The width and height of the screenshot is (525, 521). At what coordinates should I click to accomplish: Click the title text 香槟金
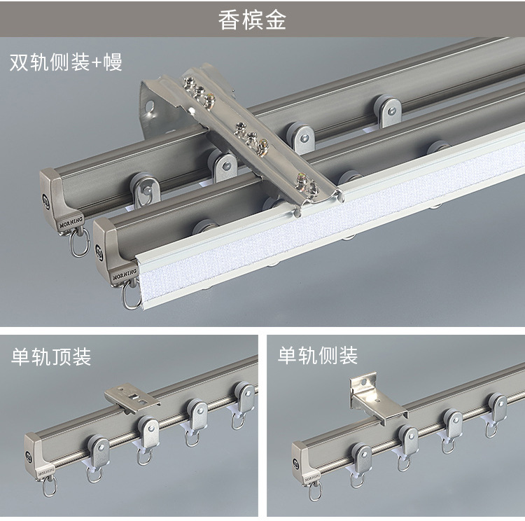[x=252, y=20]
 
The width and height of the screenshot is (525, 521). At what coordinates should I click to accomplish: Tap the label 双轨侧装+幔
[x=66, y=62]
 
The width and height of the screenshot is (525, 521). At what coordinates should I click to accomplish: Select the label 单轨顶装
[x=51, y=356]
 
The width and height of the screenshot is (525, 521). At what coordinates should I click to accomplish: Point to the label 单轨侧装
[x=317, y=356]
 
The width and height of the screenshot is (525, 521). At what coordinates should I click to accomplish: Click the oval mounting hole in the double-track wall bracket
[x=149, y=106]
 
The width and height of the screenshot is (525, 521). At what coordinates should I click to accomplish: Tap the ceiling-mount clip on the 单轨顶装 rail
[x=132, y=398]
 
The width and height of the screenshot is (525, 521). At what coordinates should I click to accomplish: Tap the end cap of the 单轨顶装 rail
[x=38, y=457]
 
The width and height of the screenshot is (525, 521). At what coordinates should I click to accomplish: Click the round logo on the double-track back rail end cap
[x=46, y=202]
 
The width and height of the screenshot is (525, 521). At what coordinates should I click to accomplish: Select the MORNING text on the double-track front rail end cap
[x=125, y=275]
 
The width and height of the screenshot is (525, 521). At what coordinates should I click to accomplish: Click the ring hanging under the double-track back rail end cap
[x=80, y=242]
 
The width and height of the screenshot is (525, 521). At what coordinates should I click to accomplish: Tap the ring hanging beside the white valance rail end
[x=132, y=295]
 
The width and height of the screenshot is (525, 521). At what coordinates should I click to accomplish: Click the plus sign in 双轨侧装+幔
[x=97, y=62]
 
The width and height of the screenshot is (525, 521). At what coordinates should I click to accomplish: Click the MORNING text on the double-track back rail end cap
[x=71, y=222]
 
